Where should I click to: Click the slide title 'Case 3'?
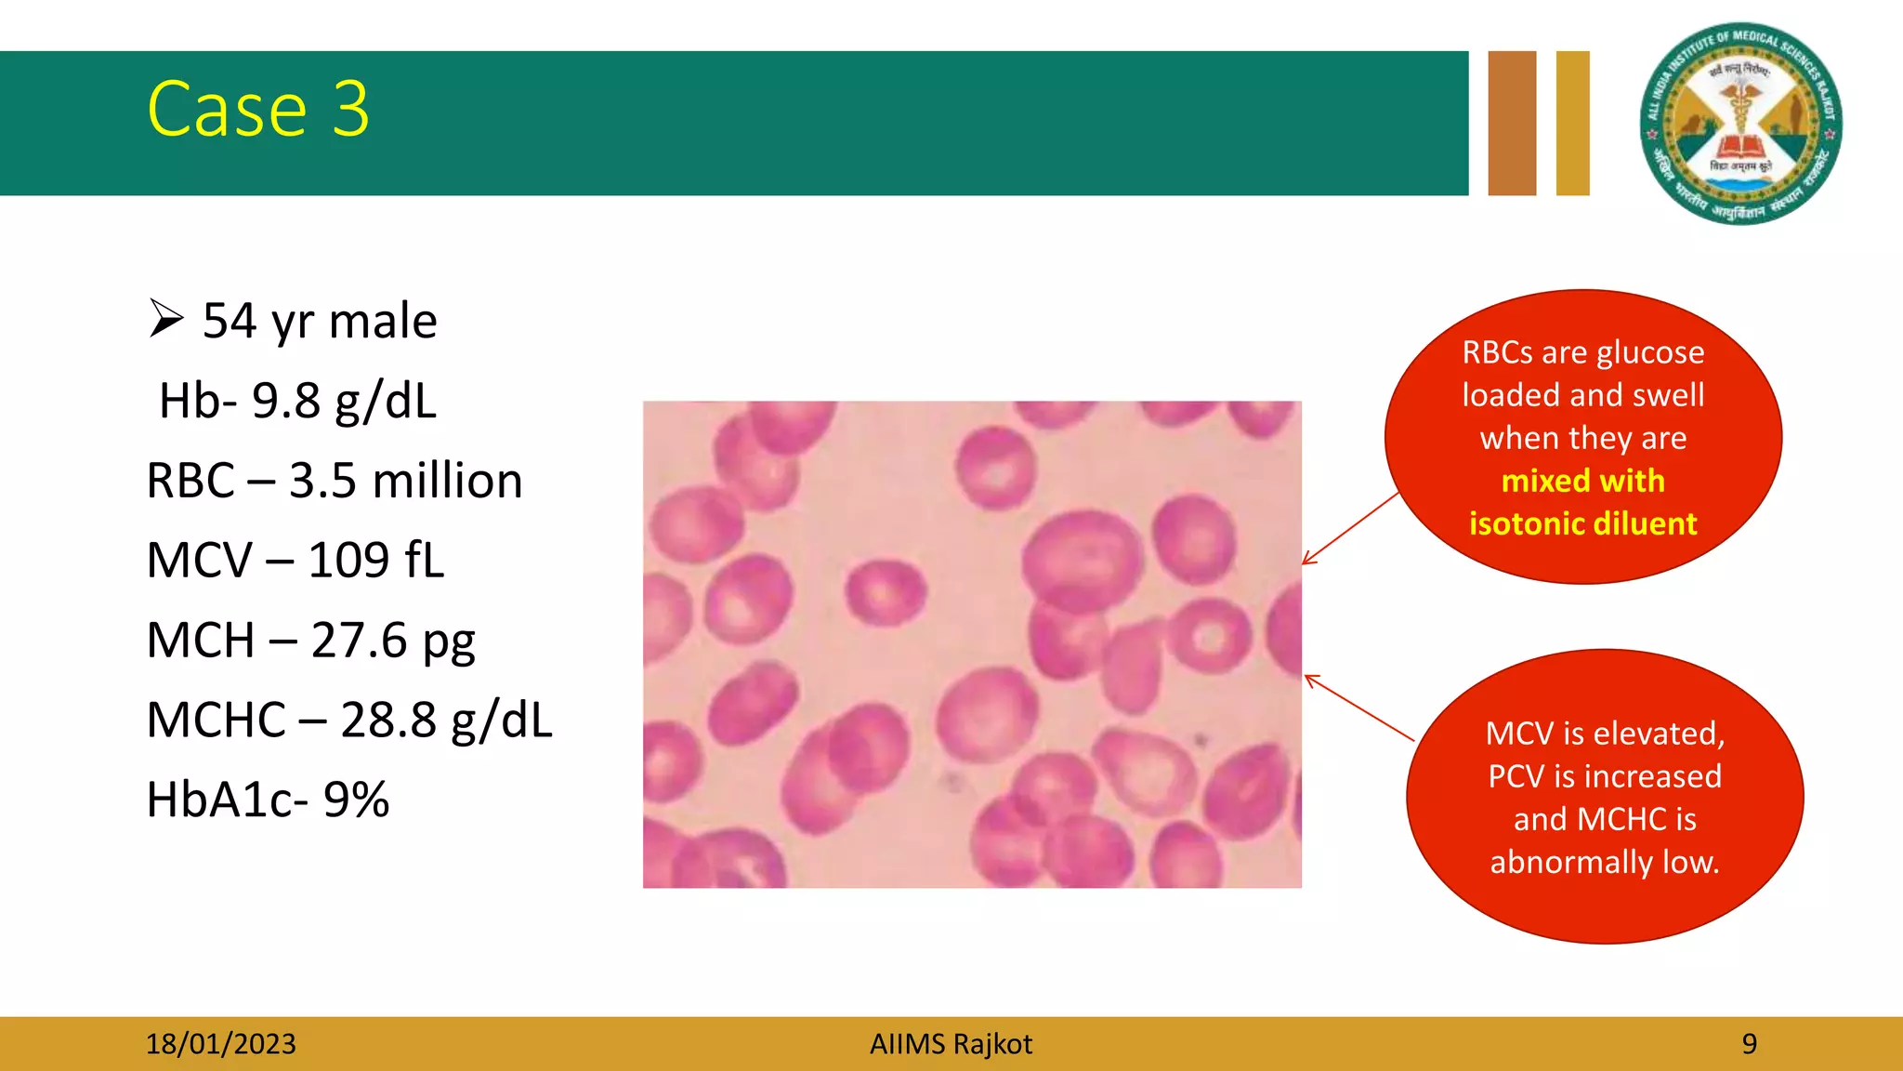point(258,110)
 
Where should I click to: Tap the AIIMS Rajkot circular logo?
point(1740,124)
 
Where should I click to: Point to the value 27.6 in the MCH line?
point(359,641)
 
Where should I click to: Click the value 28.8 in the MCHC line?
point(388,721)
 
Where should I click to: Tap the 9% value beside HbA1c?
point(356,800)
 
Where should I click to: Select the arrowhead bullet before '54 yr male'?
point(166,319)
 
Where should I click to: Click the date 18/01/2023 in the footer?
point(220,1044)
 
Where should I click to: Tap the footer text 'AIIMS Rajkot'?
point(951,1044)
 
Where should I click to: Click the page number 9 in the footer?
point(1749,1044)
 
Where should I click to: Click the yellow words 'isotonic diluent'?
point(1582,523)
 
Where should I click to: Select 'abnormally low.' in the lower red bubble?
point(1605,862)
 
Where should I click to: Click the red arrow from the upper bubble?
point(1349,529)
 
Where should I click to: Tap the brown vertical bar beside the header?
point(1512,124)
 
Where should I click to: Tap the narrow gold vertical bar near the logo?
point(1572,124)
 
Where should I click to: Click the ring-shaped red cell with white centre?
point(1209,638)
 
